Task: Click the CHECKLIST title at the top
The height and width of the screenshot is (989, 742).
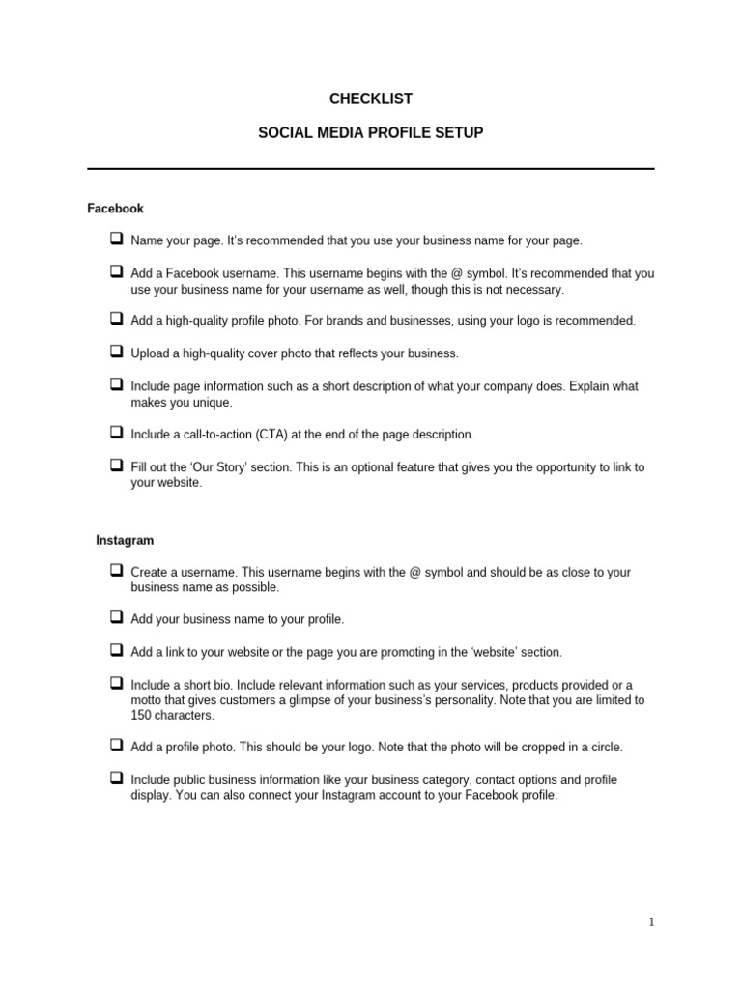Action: (x=371, y=99)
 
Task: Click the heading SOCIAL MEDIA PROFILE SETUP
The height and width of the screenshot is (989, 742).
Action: (x=371, y=132)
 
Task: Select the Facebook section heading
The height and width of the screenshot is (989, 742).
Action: (x=115, y=208)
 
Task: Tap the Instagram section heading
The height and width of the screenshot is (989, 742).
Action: (x=125, y=540)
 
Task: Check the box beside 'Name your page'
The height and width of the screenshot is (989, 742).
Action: (x=116, y=239)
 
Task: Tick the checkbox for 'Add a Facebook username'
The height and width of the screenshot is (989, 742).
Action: (x=116, y=271)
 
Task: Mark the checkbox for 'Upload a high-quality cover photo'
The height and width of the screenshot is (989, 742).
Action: (x=116, y=353)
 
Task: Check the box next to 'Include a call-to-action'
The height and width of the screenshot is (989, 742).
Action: (x=116, y=433)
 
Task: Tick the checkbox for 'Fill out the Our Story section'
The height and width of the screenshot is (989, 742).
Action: (x=116, y=466)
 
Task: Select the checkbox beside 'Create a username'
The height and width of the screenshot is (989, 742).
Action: (x=116, y=571)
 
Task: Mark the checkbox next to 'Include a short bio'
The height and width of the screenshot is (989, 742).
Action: (x=116, y=682)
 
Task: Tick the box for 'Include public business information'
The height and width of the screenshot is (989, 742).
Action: (x=116, y=777)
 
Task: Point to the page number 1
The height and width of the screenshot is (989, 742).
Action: (x=651, y=922)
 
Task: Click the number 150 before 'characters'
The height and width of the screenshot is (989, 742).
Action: (x=141, y=716)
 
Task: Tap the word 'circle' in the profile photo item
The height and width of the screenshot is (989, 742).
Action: (x=603, y=748)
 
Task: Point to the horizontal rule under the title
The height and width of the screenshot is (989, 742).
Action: (x=371, y=169)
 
